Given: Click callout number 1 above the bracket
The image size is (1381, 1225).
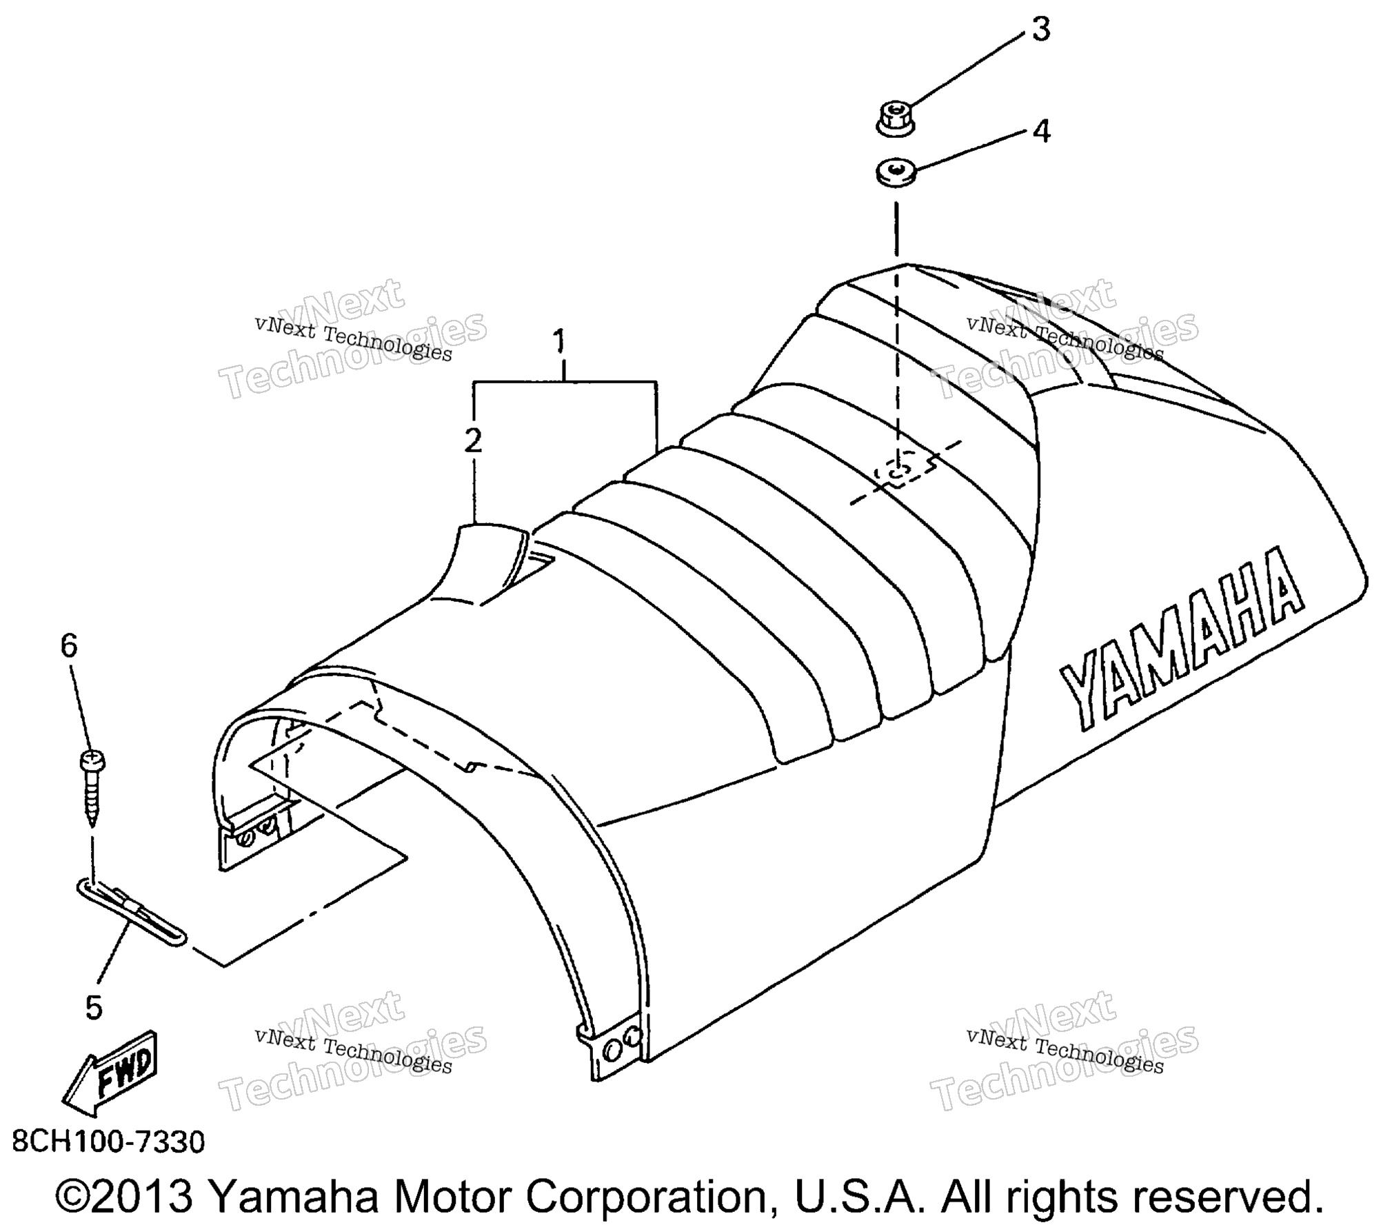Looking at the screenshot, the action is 559,343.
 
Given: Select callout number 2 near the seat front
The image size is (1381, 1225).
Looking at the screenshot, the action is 473,441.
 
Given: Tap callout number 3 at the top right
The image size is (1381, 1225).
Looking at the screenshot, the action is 1040,30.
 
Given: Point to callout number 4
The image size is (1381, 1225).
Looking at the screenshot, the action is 1042,131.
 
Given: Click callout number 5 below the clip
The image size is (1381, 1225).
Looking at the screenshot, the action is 94,1007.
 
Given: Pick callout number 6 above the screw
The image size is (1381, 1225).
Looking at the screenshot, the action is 69,646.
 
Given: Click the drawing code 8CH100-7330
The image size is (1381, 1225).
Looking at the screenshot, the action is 109,1142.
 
